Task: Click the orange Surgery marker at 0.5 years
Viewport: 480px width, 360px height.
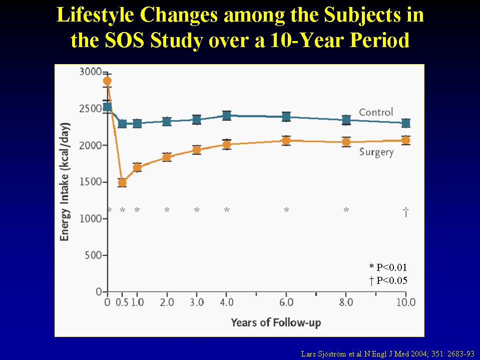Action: [122, 183]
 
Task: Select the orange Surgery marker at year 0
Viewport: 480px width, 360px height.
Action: [107, 81]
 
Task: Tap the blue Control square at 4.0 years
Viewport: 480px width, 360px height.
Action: [227, 116]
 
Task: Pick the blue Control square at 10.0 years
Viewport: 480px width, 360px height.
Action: [406, 123]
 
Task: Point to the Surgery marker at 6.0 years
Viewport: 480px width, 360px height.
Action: [286, 141]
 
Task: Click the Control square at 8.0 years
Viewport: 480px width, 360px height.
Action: [346, 120]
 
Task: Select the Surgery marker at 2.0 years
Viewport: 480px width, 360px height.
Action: [167, 157]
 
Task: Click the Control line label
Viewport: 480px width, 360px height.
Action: [376, 112]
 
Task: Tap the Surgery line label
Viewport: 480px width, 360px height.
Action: [376, 152]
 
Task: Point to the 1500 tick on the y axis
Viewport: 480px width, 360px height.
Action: [105, 182]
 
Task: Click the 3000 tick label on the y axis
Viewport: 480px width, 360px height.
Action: [90, 72]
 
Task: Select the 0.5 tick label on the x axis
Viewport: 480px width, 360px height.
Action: [122, 302]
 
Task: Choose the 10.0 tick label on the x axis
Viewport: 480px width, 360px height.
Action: [406, 302]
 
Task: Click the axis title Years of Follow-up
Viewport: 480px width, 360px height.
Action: [276, 322]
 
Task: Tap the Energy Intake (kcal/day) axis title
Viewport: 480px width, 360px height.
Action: [65, 182]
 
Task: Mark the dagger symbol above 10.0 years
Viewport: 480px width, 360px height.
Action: [406, 211]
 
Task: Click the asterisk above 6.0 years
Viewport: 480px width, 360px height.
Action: [286, 210]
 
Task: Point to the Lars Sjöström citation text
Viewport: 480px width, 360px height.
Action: [387, 354]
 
